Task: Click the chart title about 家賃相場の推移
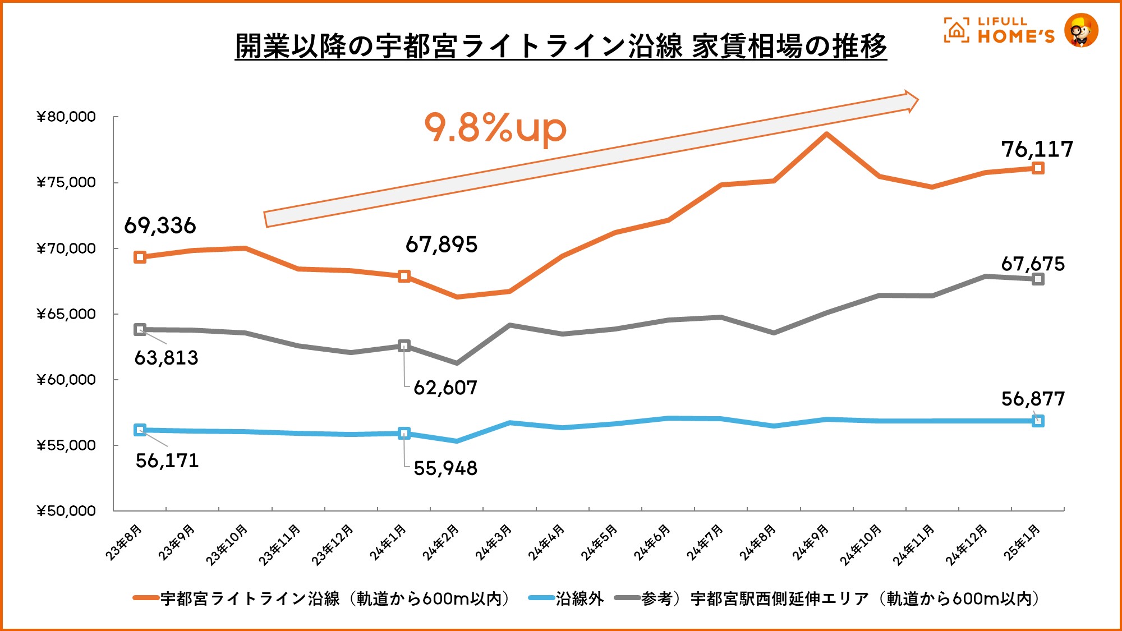(x=560, y=46)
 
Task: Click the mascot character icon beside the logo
(x=1081, y=30)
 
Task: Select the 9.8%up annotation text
(x=495, y=128)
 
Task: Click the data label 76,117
(x=1037, y=149)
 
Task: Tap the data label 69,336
(x=160, y=225)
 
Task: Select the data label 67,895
(x=442, y=245)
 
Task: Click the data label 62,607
(x=445, y=388)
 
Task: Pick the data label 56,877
(x=1033, y=399)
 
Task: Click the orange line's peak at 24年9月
(x=826, y=134)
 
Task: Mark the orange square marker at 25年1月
(x=1038, y=168)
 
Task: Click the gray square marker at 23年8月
(x=140, y=330)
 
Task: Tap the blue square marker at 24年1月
(x=404, y=433)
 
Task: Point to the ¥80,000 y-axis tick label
(x=66, y=117)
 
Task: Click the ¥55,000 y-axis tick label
(x=66, y=445)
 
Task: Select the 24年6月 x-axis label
(x=652, y=542)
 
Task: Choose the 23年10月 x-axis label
(x=227, y=544)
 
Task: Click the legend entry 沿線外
(x=580, y=598)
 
